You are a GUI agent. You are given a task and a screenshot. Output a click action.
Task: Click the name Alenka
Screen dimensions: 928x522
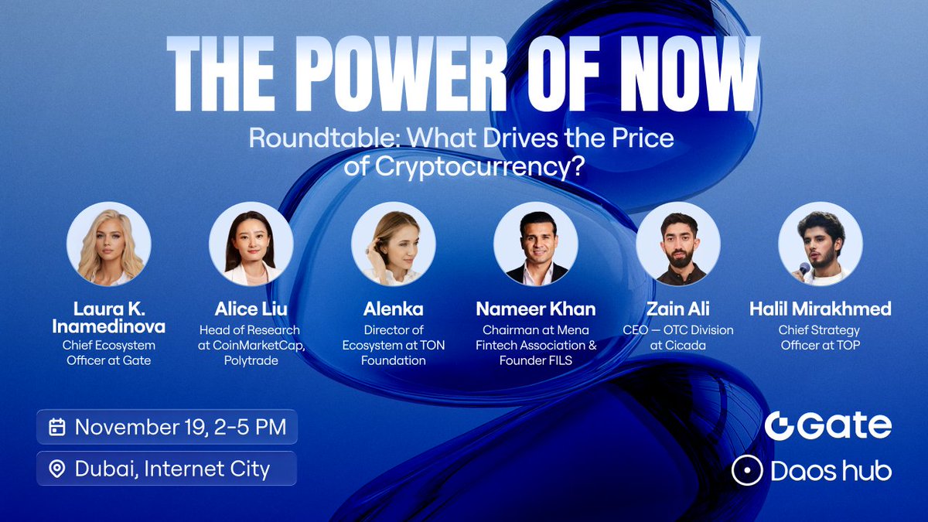coord(394,309)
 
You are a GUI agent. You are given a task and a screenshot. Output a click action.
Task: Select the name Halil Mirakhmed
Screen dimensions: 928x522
coord(821,309)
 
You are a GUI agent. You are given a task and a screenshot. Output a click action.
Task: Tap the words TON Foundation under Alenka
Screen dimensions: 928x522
coord(394,353)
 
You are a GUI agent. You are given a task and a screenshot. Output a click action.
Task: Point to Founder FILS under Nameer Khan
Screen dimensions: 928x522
coord(537,360)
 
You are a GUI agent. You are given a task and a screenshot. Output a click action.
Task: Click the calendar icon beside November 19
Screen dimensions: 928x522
coord(56,427)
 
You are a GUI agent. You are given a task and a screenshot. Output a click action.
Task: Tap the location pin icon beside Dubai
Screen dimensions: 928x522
coord(56,469)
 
